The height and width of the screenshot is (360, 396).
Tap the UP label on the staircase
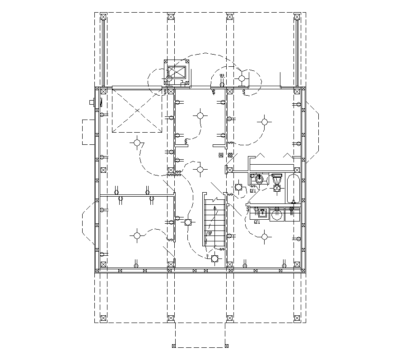(210, 233)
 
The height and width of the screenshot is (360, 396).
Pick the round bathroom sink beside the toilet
(259, 179)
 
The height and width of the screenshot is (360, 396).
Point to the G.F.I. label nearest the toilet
(253, 190)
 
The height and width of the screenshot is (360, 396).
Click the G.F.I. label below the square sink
(257, 222)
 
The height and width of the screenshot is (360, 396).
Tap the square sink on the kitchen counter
(261, 212)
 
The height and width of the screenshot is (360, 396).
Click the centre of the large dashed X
(137, 111)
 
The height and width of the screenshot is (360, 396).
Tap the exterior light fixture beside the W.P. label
(242, 78)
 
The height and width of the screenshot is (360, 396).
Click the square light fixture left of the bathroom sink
(238, 187)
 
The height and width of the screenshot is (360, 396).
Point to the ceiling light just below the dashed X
(137, 143)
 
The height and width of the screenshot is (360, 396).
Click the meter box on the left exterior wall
(93, 102)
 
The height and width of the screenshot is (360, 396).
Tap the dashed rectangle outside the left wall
(88, 131)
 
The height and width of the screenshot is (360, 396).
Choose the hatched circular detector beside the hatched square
(230, 156)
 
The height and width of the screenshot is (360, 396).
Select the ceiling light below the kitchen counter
(264, 235)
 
